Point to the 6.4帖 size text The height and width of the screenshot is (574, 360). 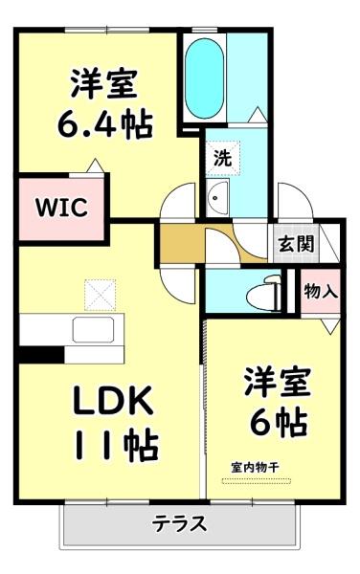point(105,124)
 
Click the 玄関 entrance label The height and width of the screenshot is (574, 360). point(296,243)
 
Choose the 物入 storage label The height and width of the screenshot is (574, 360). point(320,291)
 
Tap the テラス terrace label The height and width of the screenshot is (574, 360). point(179,524)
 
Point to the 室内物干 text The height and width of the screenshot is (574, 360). point(255,467)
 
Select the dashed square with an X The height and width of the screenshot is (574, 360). point(98,294)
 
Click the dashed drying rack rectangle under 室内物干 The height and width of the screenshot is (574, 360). point(254,478)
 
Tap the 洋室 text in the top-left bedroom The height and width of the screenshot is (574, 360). point(105,84)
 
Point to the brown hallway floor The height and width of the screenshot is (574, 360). point(179,247)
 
